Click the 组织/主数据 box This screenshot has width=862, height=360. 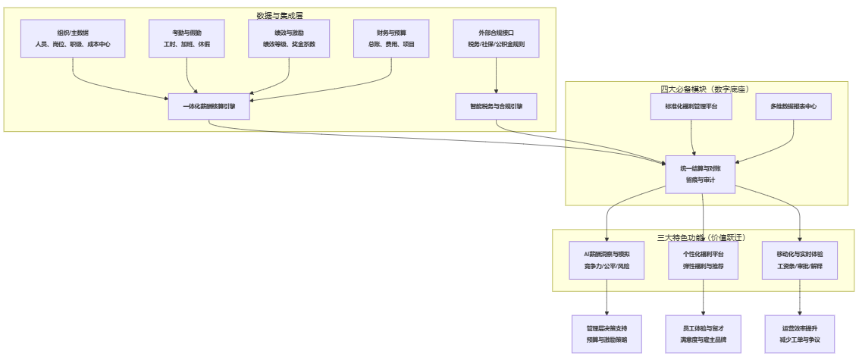73,39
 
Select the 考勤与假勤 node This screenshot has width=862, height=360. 187,39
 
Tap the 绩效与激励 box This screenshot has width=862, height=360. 289,39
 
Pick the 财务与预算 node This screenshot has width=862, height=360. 391,39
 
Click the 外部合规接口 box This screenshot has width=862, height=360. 496,39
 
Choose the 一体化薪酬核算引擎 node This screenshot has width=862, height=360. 208,107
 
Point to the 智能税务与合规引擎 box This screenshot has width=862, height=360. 496,107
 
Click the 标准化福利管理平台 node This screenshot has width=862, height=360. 691,107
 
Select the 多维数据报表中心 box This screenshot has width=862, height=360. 793,107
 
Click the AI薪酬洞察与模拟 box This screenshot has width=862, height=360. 607,260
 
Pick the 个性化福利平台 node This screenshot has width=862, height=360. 704,260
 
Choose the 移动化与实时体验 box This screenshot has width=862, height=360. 800,260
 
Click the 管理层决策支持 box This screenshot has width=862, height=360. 607,334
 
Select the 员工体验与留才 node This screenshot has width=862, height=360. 704,334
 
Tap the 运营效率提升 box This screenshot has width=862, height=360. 800,334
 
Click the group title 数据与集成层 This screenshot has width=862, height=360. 280,16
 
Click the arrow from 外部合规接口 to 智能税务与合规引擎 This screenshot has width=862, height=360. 496,76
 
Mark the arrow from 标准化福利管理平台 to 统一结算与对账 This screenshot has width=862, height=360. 693,136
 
